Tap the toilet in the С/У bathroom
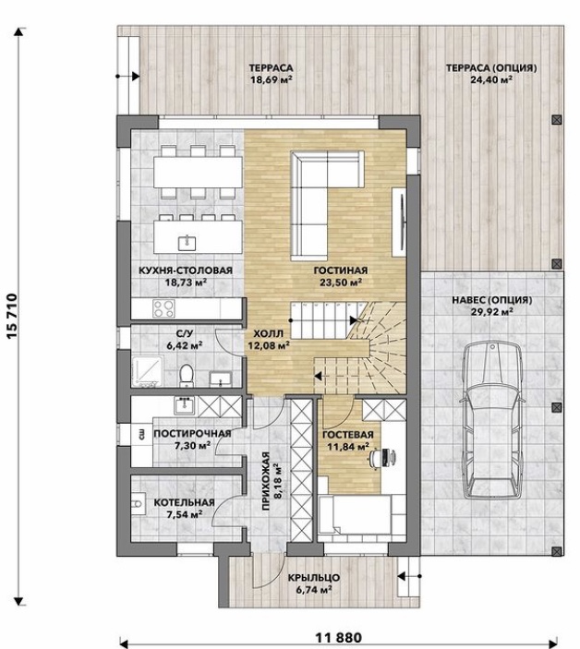187,376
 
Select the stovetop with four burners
163,308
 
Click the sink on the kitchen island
187,244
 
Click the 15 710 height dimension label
12,316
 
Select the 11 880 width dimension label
339,638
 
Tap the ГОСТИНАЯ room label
340,270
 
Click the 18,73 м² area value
186,282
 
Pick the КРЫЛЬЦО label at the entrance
314,578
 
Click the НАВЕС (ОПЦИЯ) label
492,300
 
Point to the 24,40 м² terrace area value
491,80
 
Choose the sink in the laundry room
184,405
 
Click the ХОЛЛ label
268,333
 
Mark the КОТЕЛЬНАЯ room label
184,503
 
